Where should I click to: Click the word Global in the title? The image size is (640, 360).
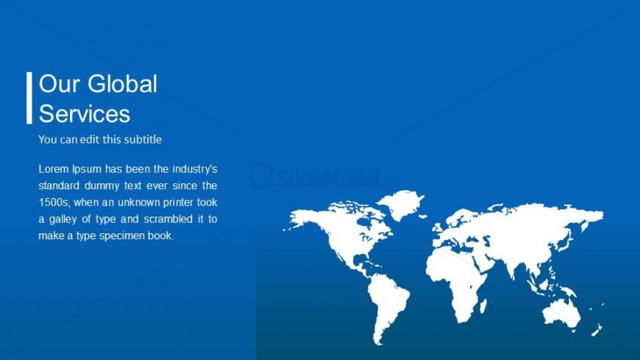coord(121,84)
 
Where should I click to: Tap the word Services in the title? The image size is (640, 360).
coord(85,113)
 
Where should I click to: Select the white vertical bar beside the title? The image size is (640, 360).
coord(29,98)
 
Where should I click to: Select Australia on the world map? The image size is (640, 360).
coord(562,313)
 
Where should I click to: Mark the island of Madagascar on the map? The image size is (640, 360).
coord(483,306)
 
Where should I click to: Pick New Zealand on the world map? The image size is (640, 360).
coord(597,329)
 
